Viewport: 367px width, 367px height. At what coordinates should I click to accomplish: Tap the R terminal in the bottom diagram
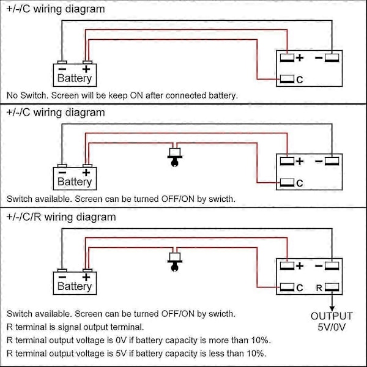pos(333,287)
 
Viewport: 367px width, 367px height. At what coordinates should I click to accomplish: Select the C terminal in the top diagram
pos(287,79)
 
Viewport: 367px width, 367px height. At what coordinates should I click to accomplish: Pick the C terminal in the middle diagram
pos(287,182)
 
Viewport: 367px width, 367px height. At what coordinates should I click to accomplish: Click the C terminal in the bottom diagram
pos(287,287)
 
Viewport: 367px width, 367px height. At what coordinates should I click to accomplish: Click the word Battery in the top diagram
pos(75,78)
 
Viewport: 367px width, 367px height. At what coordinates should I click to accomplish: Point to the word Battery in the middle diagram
pos(75,182)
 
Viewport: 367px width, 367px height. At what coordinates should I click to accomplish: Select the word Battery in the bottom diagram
pos(75,286)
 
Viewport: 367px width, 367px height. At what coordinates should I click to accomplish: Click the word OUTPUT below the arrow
pos(332,316)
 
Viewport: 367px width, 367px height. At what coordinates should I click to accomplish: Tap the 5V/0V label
pos(332,328)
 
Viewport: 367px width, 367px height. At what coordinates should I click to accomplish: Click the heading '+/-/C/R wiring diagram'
pos(61,217)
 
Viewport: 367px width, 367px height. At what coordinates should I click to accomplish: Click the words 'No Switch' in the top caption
pos(27,95)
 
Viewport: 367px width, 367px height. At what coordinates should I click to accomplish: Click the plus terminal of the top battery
pos(87,62)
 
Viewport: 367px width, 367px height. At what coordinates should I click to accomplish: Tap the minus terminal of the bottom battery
pos(62,271)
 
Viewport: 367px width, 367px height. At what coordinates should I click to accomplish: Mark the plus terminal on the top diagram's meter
pos(287,58)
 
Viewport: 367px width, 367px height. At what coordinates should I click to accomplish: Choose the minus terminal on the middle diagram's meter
pos(332,161)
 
